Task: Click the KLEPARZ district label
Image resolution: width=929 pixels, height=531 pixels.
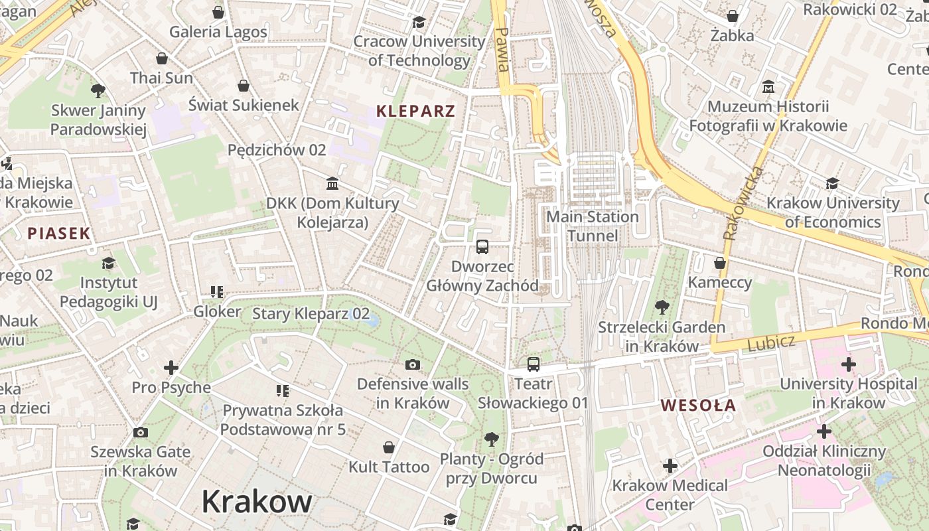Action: (x=416, y=112)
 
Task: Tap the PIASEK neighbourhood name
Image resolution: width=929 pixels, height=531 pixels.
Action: (x=59, y=233)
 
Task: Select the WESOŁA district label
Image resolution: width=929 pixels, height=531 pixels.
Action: (x=699, y=405)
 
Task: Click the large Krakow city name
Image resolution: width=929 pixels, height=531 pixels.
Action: (x=257, y=501)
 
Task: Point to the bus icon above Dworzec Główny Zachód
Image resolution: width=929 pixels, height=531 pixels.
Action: (x=482, y=247)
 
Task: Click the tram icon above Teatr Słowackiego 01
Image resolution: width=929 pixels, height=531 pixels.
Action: (x=534, y=364)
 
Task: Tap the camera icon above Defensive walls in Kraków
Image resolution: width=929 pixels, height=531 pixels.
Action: (x=413, y=364)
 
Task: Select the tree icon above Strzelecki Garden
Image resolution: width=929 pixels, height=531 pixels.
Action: (x=662, y=307)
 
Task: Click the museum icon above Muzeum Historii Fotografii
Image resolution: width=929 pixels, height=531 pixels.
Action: (x=768, y=87)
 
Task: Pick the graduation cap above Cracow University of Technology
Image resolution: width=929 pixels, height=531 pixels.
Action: (x=419, y=22)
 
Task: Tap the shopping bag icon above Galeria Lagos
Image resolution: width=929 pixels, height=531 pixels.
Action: (x=218, y=12)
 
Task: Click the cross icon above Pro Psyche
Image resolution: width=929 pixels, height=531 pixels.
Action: (x=171, y=367)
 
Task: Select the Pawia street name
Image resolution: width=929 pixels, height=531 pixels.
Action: (x=503, y=50)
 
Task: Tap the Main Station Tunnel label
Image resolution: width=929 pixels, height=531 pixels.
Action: (x=593, y=226)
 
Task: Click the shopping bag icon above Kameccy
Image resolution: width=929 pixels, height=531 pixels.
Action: (x=720, y=264)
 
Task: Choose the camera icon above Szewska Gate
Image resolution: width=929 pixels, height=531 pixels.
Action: (x=141, y=433)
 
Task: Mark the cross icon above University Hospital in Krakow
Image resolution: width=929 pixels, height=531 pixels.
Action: (x=848, y=364)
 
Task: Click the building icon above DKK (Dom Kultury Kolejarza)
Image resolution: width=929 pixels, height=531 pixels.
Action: (x=332, y=183)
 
